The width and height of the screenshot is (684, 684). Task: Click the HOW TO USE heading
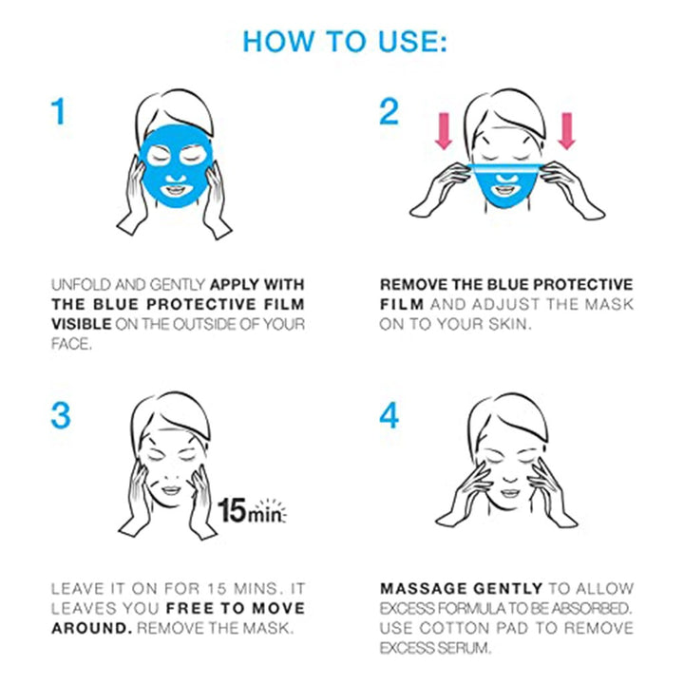[345, 42]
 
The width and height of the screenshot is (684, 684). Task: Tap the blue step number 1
[59, 112]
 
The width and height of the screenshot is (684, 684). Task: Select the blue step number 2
[389, 112]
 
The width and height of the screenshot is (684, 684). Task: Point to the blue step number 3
[61, 415]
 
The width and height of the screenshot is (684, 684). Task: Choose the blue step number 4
[389, 415]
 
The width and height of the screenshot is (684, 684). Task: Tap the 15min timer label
[252, 510]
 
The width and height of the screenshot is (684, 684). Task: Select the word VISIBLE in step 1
[82, 324]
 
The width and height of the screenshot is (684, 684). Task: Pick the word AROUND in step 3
[91, 628]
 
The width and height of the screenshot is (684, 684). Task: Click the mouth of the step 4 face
[510, 493]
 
